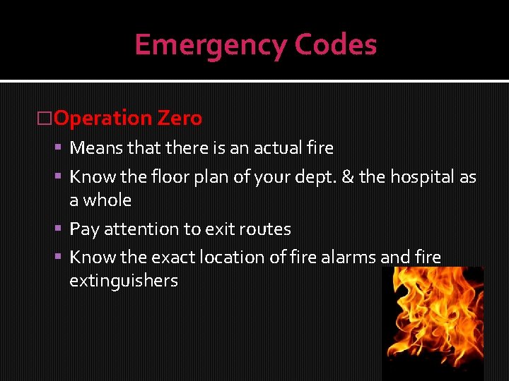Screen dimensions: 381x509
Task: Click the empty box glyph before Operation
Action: [45, 119]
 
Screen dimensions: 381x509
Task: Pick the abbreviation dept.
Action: [315, 177]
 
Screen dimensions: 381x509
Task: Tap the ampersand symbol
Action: [348, 177]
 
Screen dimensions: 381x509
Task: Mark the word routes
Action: [265, 229]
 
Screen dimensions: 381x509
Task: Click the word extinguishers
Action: [123, 281]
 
